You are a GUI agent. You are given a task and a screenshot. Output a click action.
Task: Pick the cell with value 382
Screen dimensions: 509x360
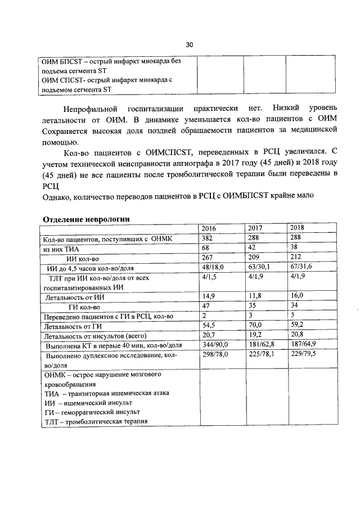209,238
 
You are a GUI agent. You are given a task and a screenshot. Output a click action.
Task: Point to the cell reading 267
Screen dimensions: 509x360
209,258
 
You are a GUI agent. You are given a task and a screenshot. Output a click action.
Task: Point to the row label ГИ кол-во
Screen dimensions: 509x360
84,307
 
